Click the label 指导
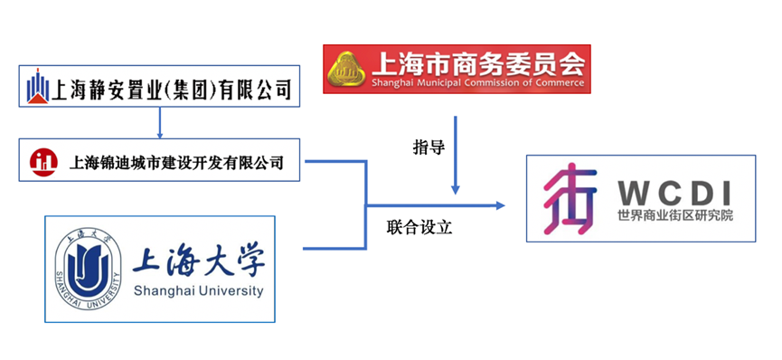point(428,147)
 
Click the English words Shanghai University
point(197,291)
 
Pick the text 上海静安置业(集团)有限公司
point(173,89)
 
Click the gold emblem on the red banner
point(345,69)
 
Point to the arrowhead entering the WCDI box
point(500,205)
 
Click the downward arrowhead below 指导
point(457,189)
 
